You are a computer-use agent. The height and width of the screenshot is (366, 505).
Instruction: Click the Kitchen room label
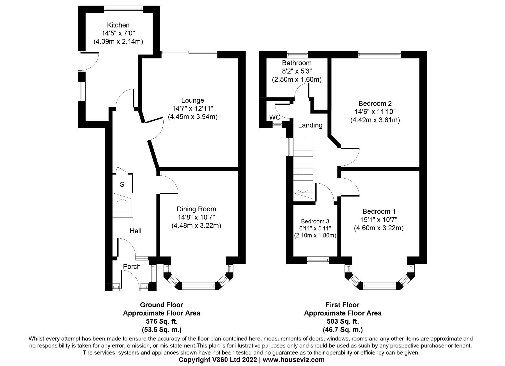click(x=118, y=25)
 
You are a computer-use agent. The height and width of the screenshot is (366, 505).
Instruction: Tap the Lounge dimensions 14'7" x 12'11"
click(x=192, y=108)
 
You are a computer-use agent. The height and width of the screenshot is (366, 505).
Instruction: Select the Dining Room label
click(x=196, y=209)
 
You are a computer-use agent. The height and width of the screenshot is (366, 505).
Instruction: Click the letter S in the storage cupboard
click(x=122, y=184)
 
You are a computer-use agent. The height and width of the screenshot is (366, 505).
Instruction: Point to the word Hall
click(x=135, y=231)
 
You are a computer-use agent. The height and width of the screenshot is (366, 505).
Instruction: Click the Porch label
click(x=132, y=266)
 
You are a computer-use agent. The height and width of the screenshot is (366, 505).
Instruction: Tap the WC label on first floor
click(x=275, y=117)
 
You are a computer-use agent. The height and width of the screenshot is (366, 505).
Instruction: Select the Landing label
click(x=310, y=125)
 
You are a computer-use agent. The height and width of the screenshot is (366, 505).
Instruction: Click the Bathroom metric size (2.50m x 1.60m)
click(x=297, y=79)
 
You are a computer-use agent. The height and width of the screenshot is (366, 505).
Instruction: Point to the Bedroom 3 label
click(x=315, y=221)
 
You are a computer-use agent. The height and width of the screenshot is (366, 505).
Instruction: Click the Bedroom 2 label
click(x=375, y=103)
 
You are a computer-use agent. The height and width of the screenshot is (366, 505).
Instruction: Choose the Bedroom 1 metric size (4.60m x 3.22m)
click(x=378, y=228)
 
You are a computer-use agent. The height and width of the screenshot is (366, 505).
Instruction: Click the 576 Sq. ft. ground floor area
click(x=161, y=321)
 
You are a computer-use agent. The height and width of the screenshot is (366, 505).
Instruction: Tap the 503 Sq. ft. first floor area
click(x=343, y=321)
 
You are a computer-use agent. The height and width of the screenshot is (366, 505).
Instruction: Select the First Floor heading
click(x=342, y=305)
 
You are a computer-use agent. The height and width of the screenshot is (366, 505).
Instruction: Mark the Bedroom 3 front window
click(x=318, y=260)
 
